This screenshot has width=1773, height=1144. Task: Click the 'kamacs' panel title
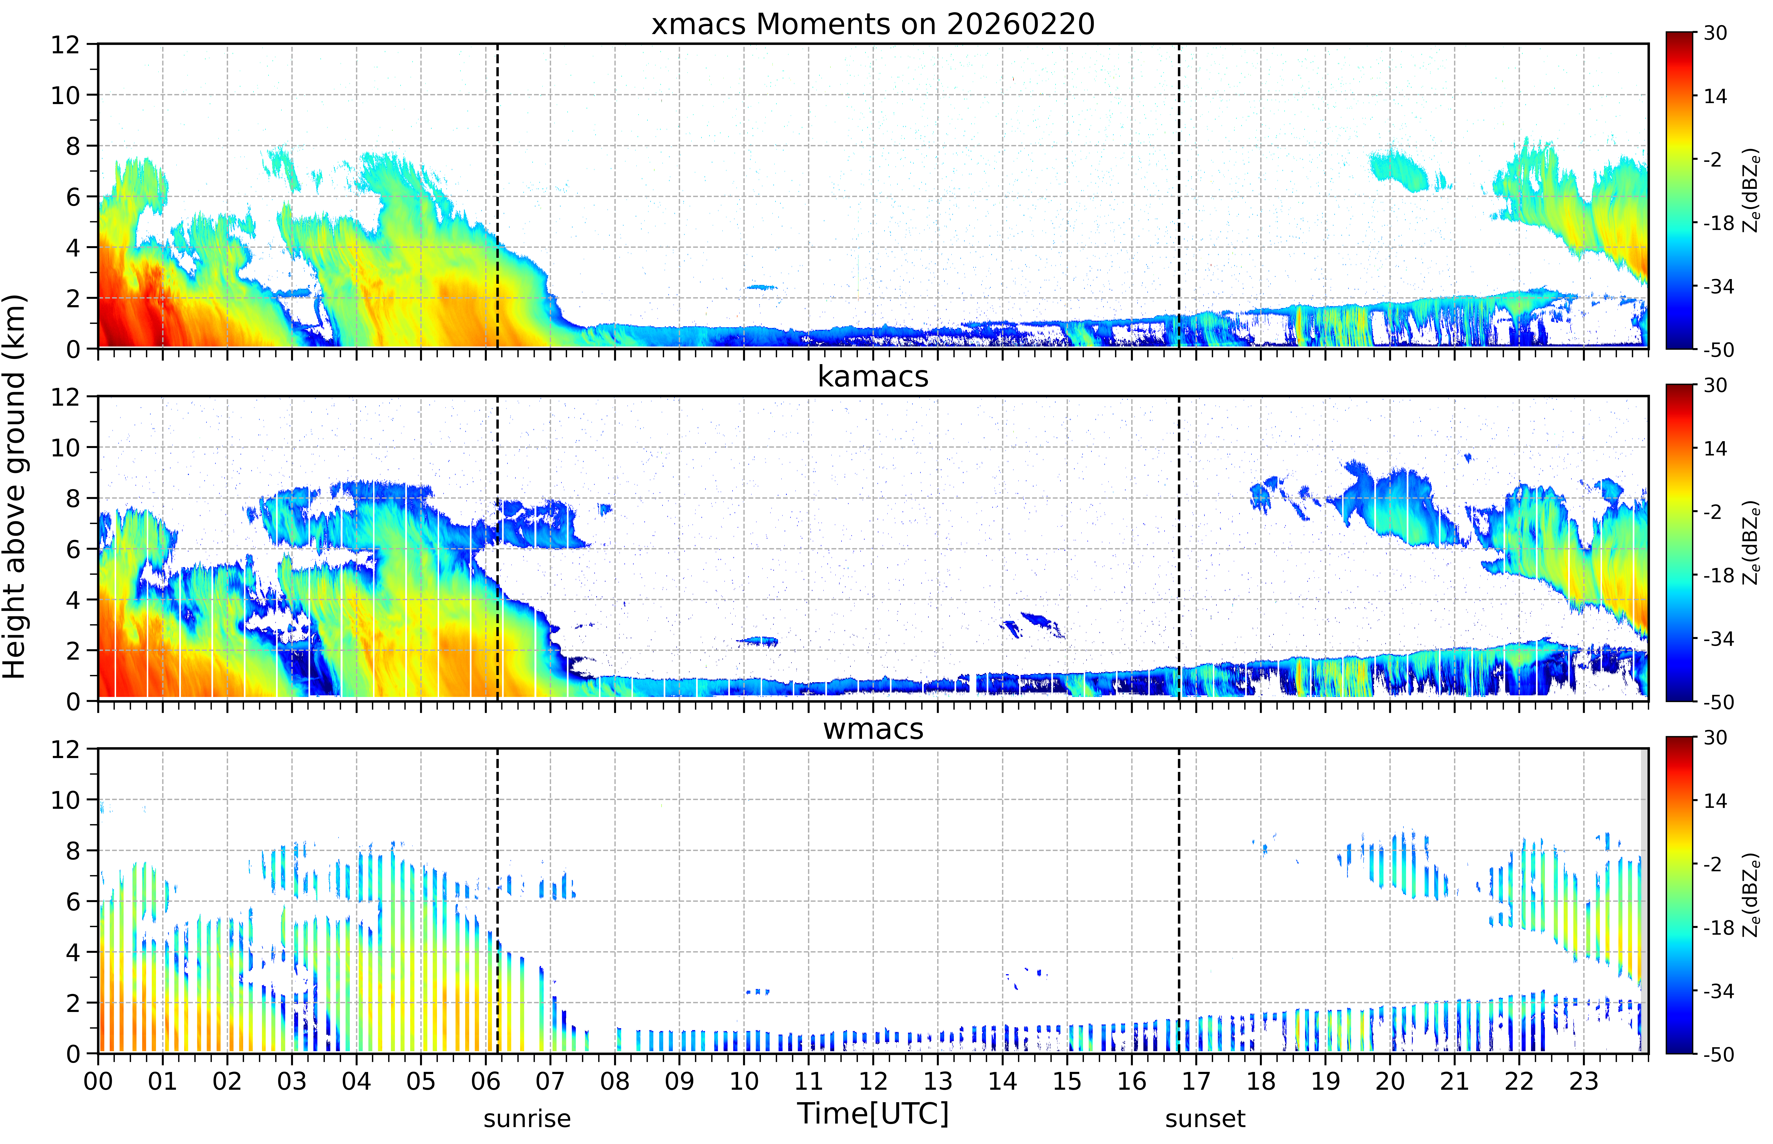tap(873, 377)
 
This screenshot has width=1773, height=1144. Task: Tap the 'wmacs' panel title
tap(873, 729)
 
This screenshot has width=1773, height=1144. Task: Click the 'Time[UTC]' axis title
tap(873, 1113)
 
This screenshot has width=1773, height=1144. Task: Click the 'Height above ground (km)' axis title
tap(15, 486)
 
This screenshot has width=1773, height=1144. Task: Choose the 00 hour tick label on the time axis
tap(98, 1081)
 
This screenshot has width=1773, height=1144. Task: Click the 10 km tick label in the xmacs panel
tap(65, 95)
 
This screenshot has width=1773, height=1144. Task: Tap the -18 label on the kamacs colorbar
tap(1718, 575)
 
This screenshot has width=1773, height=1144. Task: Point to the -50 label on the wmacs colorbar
tap(1718, 1054)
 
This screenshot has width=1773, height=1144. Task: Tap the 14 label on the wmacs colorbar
tap(1715, 801)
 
